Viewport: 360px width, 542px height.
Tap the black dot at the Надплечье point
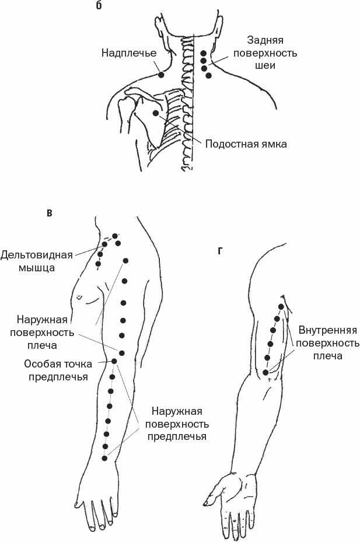[162, 75]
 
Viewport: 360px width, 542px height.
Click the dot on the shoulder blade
[156, 113]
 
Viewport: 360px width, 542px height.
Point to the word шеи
[264, 65]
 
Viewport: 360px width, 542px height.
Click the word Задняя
[265, 40]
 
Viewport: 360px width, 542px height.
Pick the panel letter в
[50, 213]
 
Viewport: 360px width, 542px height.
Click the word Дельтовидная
[36, 255]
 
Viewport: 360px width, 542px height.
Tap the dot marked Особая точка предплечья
[114, 362]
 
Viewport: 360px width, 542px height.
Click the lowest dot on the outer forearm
[104, 458]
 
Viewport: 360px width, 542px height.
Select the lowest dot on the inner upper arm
[265, 372]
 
